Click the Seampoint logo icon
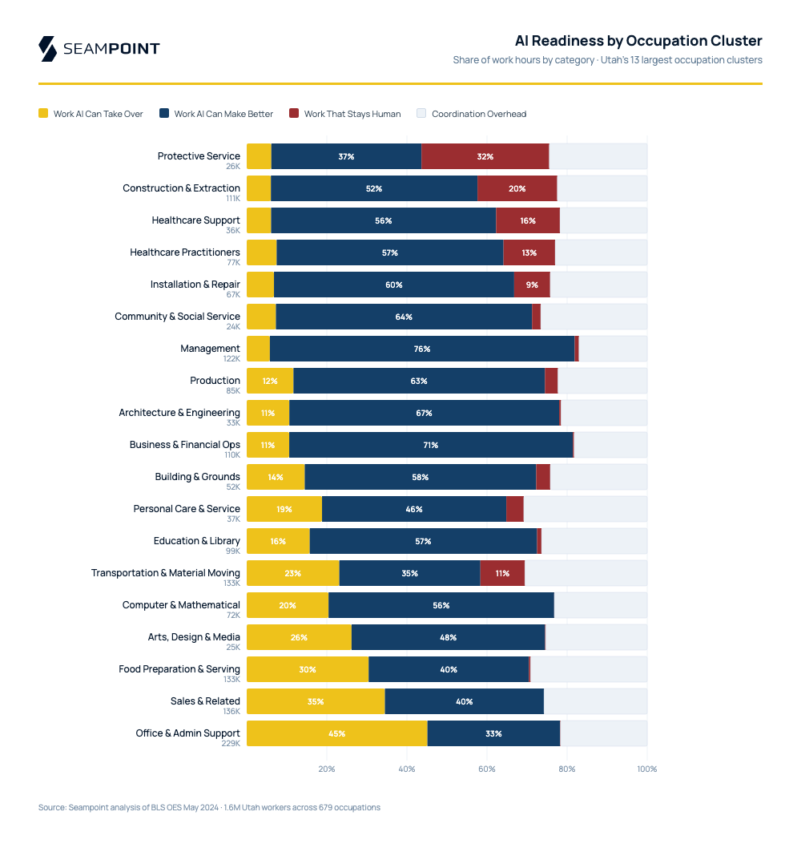(x=47, y=48)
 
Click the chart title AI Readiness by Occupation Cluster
(x=638, y=41)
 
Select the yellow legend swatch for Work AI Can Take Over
(x=43, y=114)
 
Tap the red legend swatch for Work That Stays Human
(x=294, y=114)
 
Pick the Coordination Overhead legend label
(x=479, y=114)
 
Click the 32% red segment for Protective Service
(x=485, y=156)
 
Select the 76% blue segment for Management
(x=422, y=349)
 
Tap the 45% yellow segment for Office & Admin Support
(x=336, y=733)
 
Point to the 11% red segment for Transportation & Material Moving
(x=502, y=573)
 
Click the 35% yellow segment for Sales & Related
(x=316, y=701)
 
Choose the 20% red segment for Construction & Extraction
(x=517, y=188)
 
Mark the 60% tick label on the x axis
(x=487, y=769)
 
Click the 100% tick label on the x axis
(x=646, y=769)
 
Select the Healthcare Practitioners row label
(x=185, y=252)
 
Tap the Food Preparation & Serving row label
(x=179, y=669)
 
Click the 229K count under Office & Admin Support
(x=231, y=743)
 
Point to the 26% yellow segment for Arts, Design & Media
(x=299, y=637)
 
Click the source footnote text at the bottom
(x=209, y=807)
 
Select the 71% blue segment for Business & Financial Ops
(x=431, y=445)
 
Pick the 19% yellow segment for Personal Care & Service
(x=284, y=509)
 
